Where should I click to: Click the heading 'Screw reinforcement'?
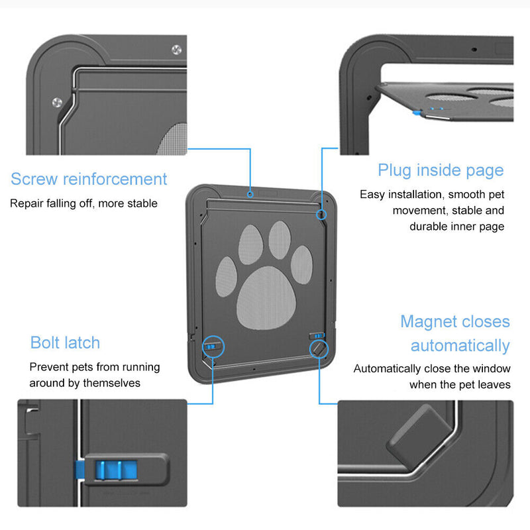coord(89,179)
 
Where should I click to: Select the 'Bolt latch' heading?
coord(65,343)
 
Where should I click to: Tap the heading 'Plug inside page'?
coord(441,170)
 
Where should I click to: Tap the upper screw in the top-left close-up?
coord(177,49)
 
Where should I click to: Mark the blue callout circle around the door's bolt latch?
coord(213,346)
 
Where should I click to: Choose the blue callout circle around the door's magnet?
coord(319,346)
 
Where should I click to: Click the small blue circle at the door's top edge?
coord(250,195)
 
